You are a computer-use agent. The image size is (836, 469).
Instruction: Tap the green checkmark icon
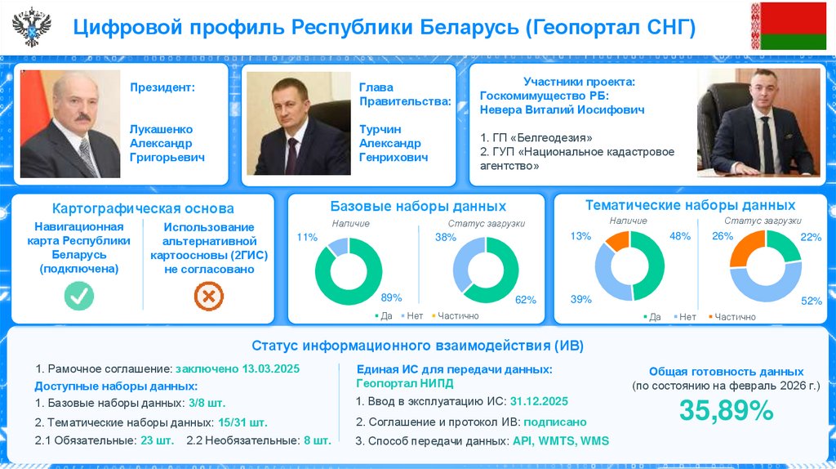pyautogui.click(x=78, y=296)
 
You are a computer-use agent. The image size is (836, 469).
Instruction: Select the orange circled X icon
pyautogui.click(x=208, y=296)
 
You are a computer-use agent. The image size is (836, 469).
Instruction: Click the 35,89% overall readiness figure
pyautogui.click(x=726, y=411)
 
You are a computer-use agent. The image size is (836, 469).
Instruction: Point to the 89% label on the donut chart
pyautogui.click(x=391, y=297)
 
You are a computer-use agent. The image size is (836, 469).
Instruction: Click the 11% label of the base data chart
pyautogui.click(x=307, y=238)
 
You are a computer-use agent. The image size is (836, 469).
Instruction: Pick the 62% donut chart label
pyautogui.click(x=526, y=300)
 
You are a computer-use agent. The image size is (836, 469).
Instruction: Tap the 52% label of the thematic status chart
pyautogui.click(x=811, y=301)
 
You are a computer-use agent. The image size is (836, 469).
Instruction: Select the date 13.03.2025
pyautogui.click(x=271, y=368)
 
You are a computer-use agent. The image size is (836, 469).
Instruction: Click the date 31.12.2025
pyautogui.click(x=539, y=401)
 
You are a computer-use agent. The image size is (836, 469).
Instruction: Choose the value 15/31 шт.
pyautogui.click(x=242, y=422)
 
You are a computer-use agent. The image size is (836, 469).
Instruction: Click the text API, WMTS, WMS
pyautogui.click(x=560, y=441)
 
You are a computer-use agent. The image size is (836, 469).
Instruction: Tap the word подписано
pyautogui.click(x=554, y=422)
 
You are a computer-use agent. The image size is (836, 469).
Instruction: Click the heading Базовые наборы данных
pyautogui.click(x=418, y=207)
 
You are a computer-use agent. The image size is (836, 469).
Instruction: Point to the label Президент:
pyautogui.click(x=162, y=87)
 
